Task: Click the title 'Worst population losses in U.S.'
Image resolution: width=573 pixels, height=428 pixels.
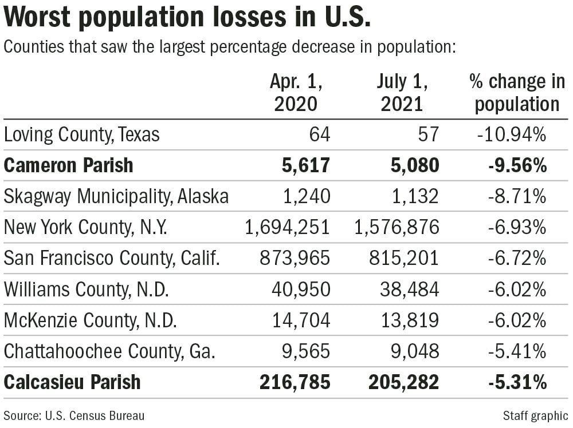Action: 187,18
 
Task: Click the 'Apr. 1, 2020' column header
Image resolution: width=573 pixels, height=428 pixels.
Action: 296,93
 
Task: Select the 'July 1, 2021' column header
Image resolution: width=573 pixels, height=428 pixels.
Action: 402,93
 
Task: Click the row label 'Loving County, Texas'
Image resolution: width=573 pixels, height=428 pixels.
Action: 81,135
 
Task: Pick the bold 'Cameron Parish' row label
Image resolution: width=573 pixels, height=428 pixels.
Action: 68,165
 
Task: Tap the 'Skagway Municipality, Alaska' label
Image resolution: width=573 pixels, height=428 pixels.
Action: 116,196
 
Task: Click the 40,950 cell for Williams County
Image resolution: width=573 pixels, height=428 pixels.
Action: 301,290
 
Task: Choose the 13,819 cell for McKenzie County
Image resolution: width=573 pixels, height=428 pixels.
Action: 409,320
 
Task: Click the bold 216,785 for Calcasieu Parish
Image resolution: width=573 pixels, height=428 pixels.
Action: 295,382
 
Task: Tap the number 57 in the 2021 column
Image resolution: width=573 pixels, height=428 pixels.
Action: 427,135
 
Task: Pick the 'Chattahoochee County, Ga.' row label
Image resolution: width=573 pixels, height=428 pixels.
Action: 109,351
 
